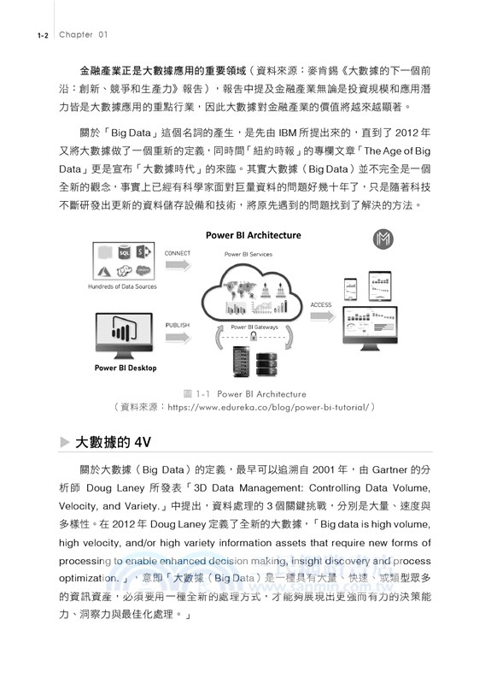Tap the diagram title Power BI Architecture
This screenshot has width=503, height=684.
[x=252, y=235]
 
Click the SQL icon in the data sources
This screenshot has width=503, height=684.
[x=125, y=253]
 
